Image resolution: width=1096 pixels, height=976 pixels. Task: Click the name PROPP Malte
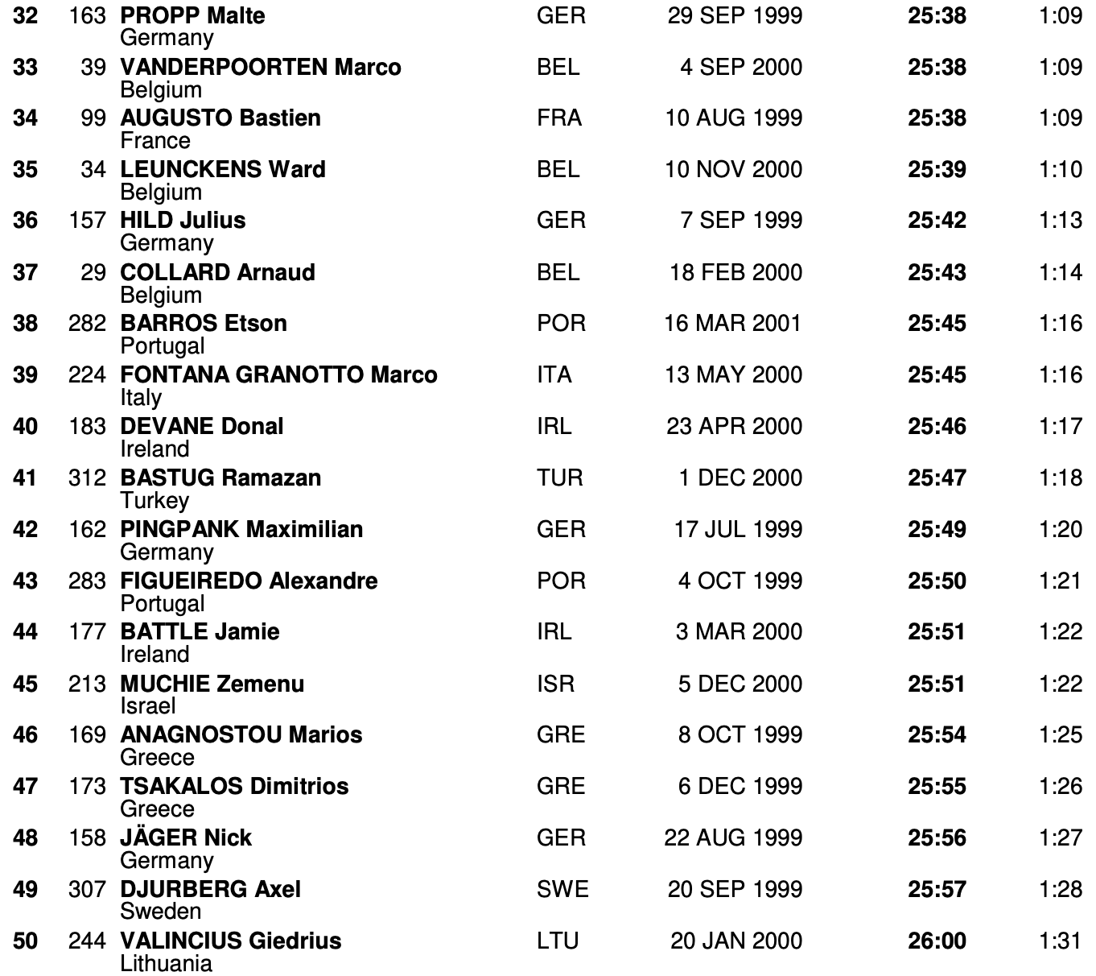[192, 15]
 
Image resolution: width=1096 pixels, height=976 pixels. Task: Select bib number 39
[93, 67]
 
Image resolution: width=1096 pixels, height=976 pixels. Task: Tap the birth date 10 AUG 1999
[733, 118]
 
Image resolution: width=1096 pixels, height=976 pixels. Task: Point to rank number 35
[25, 170]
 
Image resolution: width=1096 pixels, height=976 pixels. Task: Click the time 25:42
[937, 221]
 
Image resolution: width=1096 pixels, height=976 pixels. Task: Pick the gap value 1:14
[1060, 272]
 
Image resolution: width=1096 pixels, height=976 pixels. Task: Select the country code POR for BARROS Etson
[561, 324]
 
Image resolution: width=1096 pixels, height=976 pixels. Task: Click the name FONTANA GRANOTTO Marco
[278, 375]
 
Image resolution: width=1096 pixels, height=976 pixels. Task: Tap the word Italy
[141, 398]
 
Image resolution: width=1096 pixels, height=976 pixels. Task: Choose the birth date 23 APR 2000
[734, 427]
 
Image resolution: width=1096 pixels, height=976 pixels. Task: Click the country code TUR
[559, 478]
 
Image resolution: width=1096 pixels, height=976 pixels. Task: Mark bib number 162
[87, 530]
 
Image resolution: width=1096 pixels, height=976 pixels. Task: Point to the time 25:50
[937, 581]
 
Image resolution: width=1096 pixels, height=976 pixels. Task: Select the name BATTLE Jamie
[200, 632]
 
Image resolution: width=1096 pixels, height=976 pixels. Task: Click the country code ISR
[555, 684]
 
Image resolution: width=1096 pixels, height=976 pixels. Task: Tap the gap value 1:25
[1060, 735]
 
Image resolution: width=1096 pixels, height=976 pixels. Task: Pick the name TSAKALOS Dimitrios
[234, 787]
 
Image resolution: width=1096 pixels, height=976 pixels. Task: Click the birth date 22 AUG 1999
[733, 838]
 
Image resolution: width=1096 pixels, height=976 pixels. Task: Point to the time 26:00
[937, 941]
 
